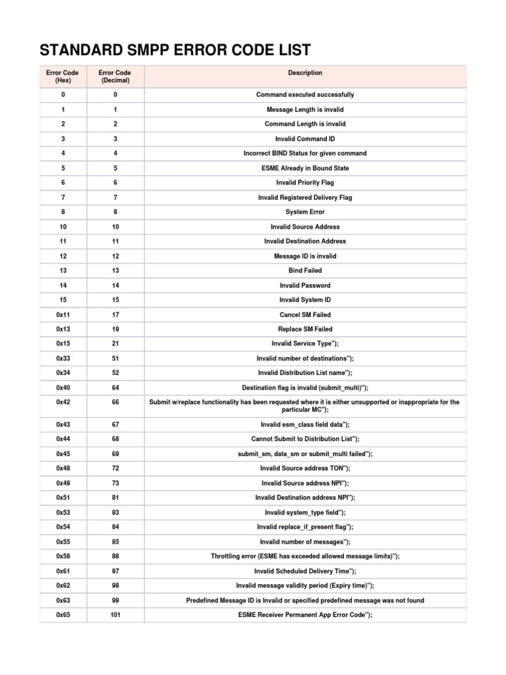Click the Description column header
click(305, 73)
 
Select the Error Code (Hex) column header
click(63, 76)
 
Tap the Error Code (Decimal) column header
click(115, 76)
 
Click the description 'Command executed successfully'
click(305, 95)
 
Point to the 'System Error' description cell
click(305, 212)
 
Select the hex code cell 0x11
click(63, 314)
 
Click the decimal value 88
click(115, 556)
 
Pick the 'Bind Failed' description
click(305, 271)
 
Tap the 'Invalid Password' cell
click(305, 285)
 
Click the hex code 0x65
click(63, 615)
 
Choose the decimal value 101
click(115, 615)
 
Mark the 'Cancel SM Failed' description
click(305, 314)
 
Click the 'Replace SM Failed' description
click(305, 329)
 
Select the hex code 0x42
click(63, 402)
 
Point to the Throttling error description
click(305, 556)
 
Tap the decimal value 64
click(115, 388)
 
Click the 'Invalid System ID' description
click(305, 300)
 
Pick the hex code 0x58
click(63, 556)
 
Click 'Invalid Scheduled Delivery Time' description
click(305, 571)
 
